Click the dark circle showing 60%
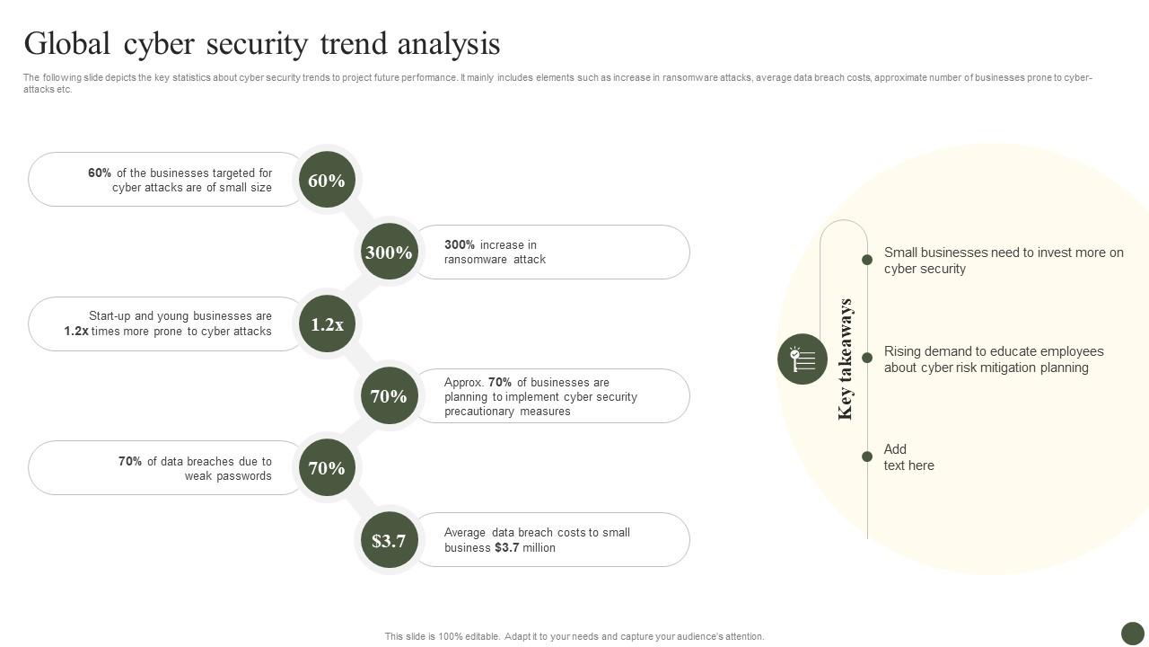pos(327,180)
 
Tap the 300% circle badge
pos(389,253)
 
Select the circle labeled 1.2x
pos(327,324)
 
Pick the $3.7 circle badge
pos(389,540)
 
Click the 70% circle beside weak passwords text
pos(327,468)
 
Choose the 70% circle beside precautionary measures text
pos(389,396)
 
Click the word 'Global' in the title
pos(66,43)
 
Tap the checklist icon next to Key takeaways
pos(803,359)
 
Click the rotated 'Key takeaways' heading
pos(845,359)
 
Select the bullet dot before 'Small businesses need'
pos(867,260)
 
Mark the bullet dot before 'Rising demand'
pos(867,358)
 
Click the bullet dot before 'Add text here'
pos(867,456)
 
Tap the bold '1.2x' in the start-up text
pos(76,332)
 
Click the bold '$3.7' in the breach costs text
pos(506,548)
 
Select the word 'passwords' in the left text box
pos(243,476)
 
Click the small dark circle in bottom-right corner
pos(1133,633)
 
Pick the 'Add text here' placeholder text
pos(908,457)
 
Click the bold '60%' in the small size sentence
pos(100,173)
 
